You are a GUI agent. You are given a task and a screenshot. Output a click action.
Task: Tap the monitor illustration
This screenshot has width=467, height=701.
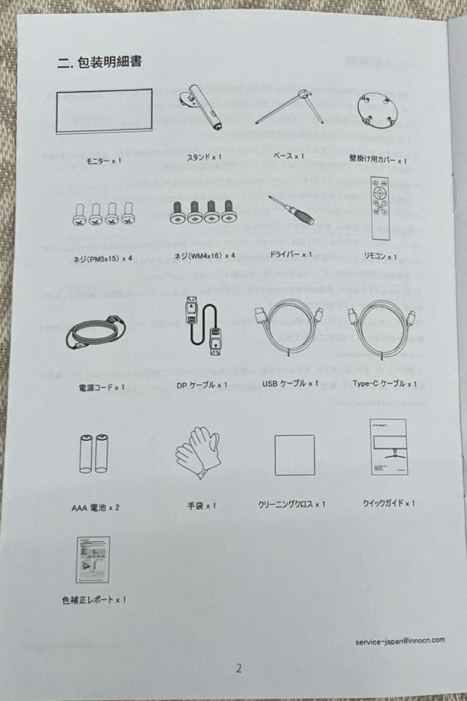point(104,111)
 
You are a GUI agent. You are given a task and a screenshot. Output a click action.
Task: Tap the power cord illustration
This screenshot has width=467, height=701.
point(95,333)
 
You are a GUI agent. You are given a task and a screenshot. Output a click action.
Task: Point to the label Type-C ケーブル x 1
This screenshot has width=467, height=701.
point(385,384)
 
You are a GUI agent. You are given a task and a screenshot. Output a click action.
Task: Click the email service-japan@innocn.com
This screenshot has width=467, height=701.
point(400,640)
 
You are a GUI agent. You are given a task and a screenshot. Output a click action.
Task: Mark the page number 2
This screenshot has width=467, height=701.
point(239,669)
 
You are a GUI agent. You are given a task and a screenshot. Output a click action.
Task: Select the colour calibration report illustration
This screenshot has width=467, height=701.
point(93,560)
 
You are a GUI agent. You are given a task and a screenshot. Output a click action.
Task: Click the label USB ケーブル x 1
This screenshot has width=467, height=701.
point(290,384)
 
